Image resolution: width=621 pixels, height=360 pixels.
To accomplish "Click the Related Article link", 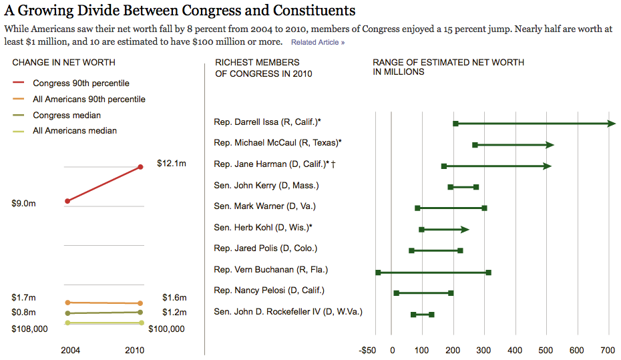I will coord(317,43).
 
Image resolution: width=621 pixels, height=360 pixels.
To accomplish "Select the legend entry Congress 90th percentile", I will coord(81,83).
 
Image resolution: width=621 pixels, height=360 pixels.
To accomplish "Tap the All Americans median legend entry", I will coord(75,131).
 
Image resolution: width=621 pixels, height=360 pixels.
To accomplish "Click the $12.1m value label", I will coord(172,163).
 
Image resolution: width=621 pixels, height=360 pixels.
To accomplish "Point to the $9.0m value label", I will coord(24,204).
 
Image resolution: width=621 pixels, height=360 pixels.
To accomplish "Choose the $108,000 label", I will coord(30,329).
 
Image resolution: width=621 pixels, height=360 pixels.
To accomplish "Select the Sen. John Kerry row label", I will coord(266,186).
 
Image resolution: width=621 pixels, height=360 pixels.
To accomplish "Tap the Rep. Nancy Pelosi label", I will coord(268,290).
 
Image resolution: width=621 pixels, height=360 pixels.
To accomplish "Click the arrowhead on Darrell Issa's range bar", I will coord(611,124).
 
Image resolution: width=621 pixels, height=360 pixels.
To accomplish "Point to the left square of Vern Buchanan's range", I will coord(378,273).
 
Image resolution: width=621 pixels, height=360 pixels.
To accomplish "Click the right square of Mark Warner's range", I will coord(484,208).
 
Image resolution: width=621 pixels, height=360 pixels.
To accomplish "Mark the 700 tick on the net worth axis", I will coord(608,350).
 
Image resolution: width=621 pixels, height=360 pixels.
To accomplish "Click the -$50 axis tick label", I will coord(368,350).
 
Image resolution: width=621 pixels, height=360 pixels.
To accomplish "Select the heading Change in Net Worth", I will coord(64,63).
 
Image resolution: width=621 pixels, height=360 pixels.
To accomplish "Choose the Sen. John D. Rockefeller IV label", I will coord(288,311).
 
